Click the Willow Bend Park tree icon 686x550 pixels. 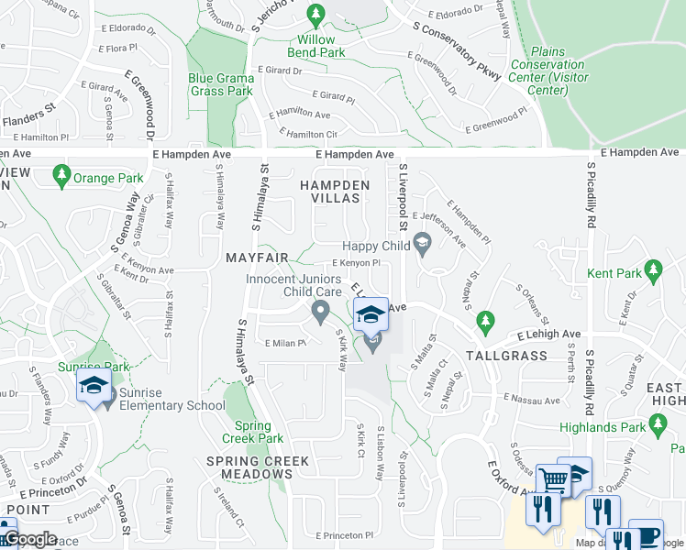point(316,16)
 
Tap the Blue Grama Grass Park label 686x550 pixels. point(220,84)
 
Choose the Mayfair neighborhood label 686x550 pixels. point(257,258)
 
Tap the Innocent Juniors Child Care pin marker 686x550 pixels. point(320,312)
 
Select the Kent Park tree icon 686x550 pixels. point(653,269)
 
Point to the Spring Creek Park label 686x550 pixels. point(252,432)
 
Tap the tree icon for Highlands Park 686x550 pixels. point(658,423)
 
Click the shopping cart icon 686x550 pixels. point(553,480)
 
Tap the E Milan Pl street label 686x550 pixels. point(284,344)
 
